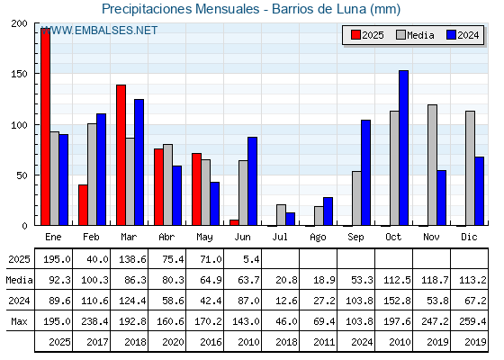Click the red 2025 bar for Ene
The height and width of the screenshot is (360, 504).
45,127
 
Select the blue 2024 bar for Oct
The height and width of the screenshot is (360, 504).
403,148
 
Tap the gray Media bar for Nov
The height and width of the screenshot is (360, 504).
432,165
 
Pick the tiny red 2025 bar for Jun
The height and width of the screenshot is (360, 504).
234,222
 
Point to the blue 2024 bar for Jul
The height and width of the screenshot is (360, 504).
290,219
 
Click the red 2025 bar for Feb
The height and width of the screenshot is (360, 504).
83,205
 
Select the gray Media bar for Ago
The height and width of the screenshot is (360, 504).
319,216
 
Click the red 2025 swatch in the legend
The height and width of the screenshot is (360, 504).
355,35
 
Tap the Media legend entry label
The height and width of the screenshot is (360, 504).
420,35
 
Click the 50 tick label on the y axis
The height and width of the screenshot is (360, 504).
22,175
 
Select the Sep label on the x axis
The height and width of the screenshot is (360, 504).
355,238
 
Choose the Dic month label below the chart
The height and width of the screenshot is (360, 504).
469,237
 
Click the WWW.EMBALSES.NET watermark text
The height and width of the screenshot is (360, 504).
99,31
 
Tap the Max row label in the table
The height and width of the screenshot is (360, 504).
19,321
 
